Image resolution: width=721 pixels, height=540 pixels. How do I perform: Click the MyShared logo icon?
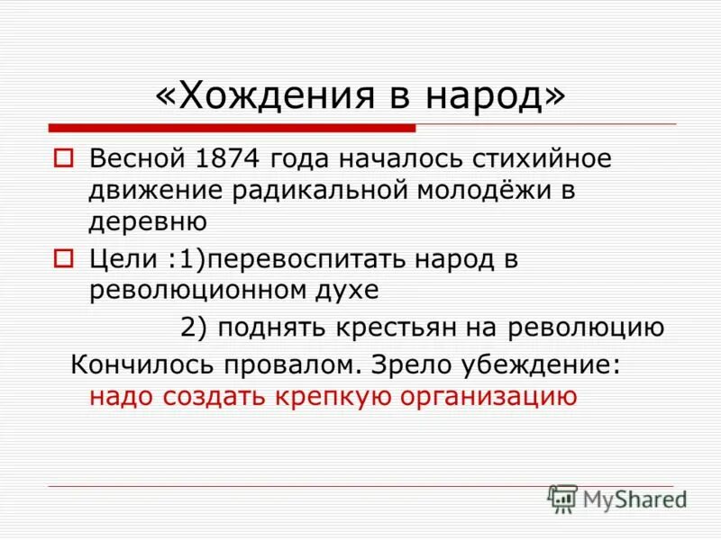[x=562, y=498]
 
